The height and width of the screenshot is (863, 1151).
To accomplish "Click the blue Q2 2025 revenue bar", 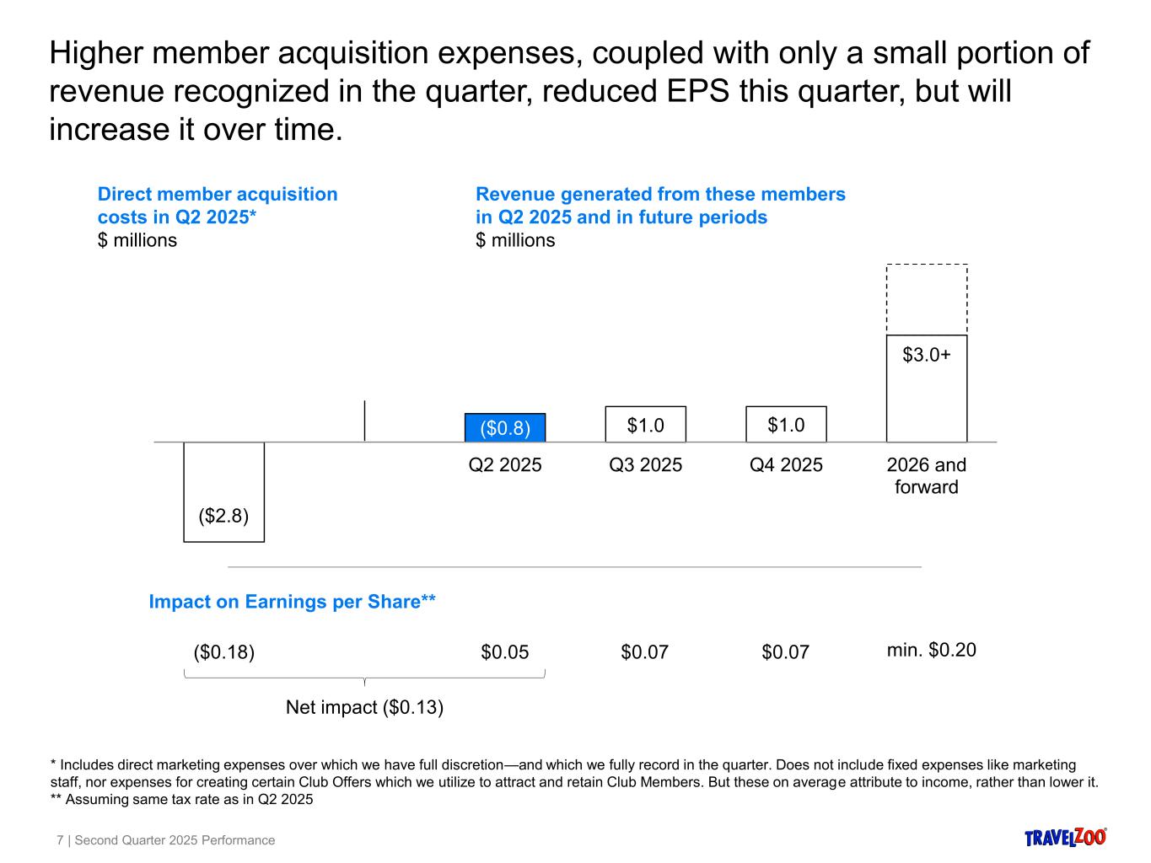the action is [505, 427].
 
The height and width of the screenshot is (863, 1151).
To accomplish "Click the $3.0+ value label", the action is [927, 355].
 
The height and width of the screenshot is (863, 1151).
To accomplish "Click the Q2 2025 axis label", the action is [505, 464].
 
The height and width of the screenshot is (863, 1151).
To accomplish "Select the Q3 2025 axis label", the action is [646, 464].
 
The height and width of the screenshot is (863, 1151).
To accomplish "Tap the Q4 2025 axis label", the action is [786, 464].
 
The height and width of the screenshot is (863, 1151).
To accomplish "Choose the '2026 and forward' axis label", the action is [927, 476].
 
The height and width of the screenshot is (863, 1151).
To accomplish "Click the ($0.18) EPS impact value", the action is [224, 652].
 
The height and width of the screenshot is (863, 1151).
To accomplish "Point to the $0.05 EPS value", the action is [505, 651].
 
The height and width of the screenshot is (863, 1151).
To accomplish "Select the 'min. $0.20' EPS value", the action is [931, 650].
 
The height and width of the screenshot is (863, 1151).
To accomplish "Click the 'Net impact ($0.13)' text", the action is [364, 707].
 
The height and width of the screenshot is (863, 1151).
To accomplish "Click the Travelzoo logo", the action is [1066, 837].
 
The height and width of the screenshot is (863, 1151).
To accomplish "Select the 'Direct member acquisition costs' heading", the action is [218, 206].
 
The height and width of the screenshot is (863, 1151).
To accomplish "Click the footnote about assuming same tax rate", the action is [181, 799].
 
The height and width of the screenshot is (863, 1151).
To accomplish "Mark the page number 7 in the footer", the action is [60, 840].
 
